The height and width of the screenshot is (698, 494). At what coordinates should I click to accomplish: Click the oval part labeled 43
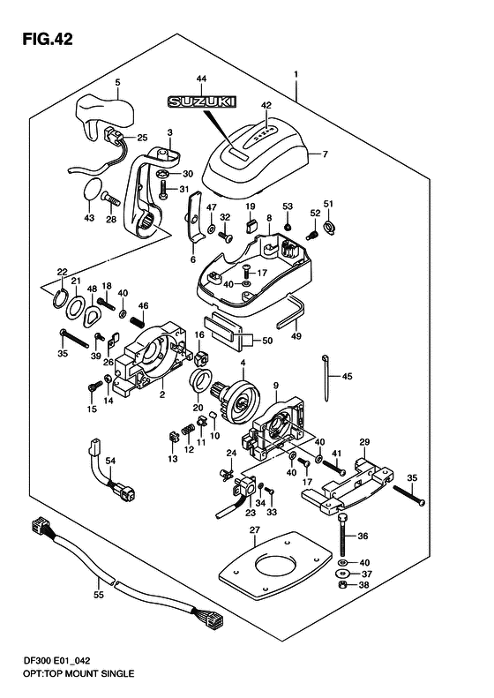click(x=92, y=190)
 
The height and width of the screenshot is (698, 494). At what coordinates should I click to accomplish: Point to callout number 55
click(x=99, y=595)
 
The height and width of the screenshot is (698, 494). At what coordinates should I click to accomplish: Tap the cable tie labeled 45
click(x=329, y=375)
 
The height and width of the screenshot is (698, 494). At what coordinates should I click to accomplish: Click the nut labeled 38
click(x=341, y=585)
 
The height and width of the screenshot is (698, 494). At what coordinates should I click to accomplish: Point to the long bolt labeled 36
click(x=342, y=533)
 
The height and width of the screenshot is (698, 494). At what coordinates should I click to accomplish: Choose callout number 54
click(x=110, y=461)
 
